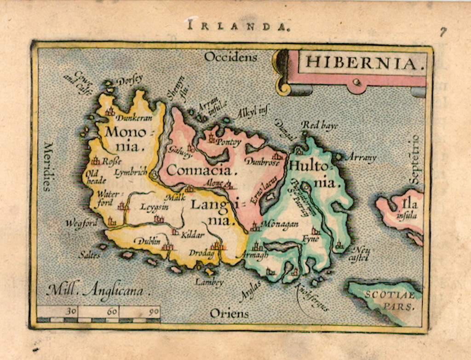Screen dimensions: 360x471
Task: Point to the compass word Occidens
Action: coord(231,57)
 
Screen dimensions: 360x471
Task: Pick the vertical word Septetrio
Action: coord(415,159)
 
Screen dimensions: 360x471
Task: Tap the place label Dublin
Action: coord(147,240)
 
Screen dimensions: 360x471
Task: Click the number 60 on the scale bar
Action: coord(112,311)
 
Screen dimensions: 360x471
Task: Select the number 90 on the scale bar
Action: coord(154,311)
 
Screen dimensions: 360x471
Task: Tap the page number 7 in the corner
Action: coord(442,32)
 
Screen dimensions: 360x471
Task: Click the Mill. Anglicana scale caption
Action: coord(99,290)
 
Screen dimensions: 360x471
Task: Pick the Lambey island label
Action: coord(209,282)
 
